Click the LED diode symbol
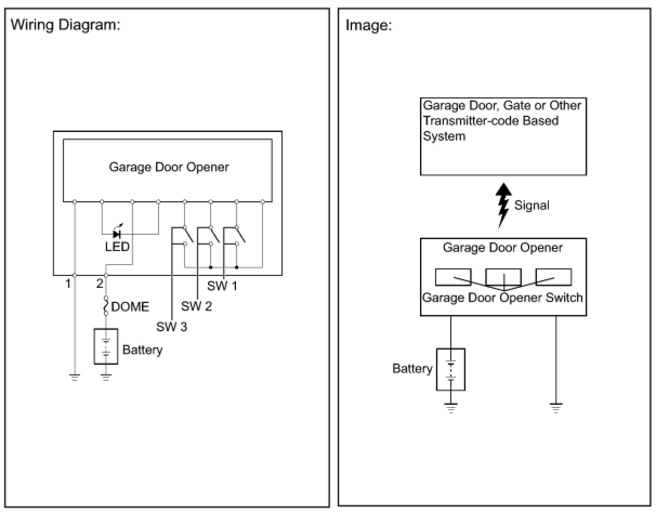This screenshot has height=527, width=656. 116,234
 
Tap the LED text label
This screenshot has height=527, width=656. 117,247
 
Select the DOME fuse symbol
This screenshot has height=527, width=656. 106,306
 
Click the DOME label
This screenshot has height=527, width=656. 130,307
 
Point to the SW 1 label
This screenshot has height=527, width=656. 222,286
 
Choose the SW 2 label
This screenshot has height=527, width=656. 196,306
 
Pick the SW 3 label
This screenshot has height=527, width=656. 172,327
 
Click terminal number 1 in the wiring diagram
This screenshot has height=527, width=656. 68,284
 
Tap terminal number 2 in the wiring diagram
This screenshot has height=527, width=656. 100,284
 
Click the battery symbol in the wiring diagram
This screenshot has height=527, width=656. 106,346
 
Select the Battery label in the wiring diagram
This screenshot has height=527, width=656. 142,350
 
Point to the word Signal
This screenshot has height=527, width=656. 532,206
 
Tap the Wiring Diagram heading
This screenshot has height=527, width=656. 65,25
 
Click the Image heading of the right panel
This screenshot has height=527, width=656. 369,25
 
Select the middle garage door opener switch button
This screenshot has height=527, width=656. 503,277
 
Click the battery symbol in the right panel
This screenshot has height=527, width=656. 450,369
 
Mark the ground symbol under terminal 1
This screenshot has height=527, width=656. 75,377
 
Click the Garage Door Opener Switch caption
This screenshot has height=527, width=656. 502,297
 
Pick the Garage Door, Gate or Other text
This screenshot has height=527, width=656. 502,105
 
